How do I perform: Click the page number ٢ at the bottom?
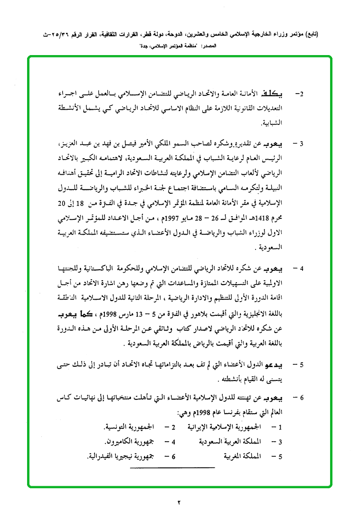coord(180,502)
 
